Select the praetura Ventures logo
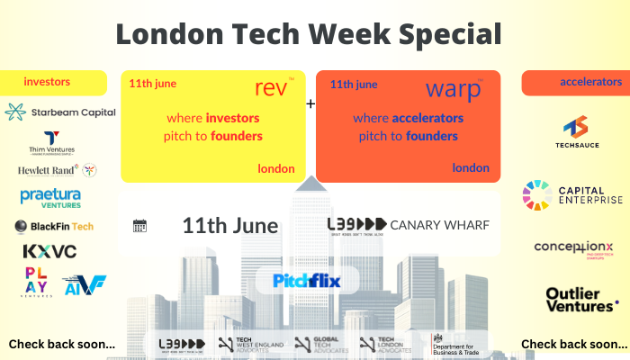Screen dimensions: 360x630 (50, 197)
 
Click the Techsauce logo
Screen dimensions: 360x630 (575, 134)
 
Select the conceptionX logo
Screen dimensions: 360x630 (574, 247)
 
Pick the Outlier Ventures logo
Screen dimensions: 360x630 (580, 300)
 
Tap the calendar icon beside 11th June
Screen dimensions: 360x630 (139, 226)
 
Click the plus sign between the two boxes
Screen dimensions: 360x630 (311, 104)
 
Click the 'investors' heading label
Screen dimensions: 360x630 (47, 82)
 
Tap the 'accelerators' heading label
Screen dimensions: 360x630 (590, 82)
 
